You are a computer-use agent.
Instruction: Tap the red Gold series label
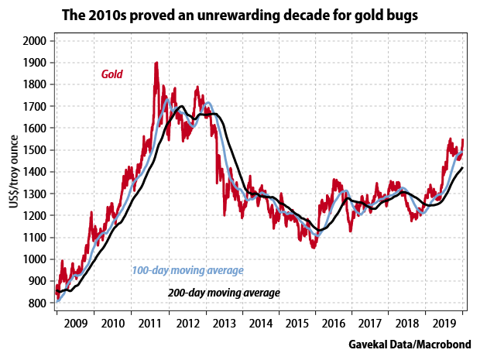point(113,74)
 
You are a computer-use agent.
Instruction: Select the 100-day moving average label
point(187,270)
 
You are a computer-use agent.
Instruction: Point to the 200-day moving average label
point(224,293)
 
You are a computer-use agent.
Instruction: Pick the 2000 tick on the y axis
point(35,41)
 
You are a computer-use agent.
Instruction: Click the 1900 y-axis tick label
point(35,63)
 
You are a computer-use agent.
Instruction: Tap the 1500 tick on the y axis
point(35,150)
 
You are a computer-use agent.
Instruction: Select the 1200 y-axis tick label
point(35,216)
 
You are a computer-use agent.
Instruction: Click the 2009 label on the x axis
point(74,323)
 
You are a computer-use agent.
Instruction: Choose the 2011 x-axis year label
point(149,323)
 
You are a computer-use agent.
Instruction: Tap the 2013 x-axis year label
point(224,323)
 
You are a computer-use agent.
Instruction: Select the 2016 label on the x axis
point(334,323)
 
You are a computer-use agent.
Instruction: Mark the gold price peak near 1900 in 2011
point(156,63)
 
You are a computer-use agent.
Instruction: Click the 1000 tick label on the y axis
point(35,259)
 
